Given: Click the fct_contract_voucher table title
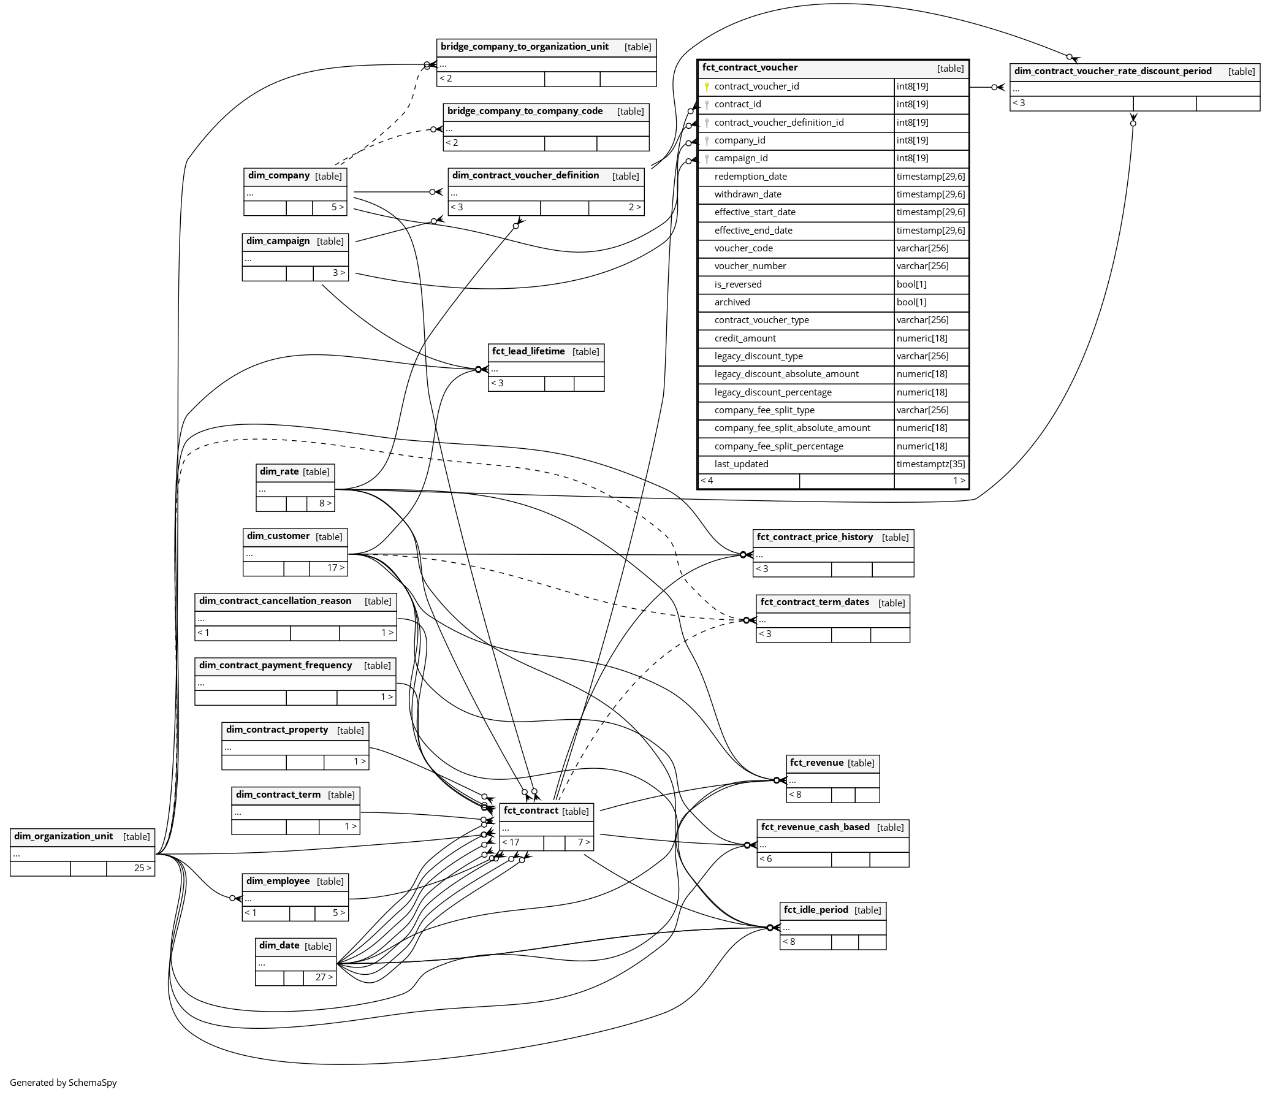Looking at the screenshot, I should [x=750, y=68].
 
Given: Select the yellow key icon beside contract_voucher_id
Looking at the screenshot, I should [x=707, y=87].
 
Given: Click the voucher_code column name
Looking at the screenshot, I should [x=743, y=248].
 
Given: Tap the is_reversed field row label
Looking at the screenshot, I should [x=738, y=284].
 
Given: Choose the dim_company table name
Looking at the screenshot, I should [x=279, y=176].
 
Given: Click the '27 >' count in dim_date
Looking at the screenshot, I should [x=324, y=977].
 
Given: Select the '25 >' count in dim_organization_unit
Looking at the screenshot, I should [x=143, y=868].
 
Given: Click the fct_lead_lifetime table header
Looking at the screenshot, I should [x=528, y=352].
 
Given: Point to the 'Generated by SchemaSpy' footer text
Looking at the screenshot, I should [x=63, y=1083].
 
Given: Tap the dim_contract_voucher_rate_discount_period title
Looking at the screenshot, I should [x=1112, y=71].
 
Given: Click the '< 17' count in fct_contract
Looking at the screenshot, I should [x=511, y=842].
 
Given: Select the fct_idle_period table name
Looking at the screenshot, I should [x=816, y=910].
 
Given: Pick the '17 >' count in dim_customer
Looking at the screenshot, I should [x=336, y=568].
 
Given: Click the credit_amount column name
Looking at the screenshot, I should [x=745, y=338].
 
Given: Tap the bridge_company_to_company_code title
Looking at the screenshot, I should [x=525, y=112].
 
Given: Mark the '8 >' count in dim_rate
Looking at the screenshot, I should [x=325, y=503].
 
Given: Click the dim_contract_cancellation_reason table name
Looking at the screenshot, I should [x=275, y=601].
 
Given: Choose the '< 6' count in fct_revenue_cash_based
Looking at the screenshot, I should [x=766, y=859].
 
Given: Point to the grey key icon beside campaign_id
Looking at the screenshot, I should [x=707, y=159].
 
